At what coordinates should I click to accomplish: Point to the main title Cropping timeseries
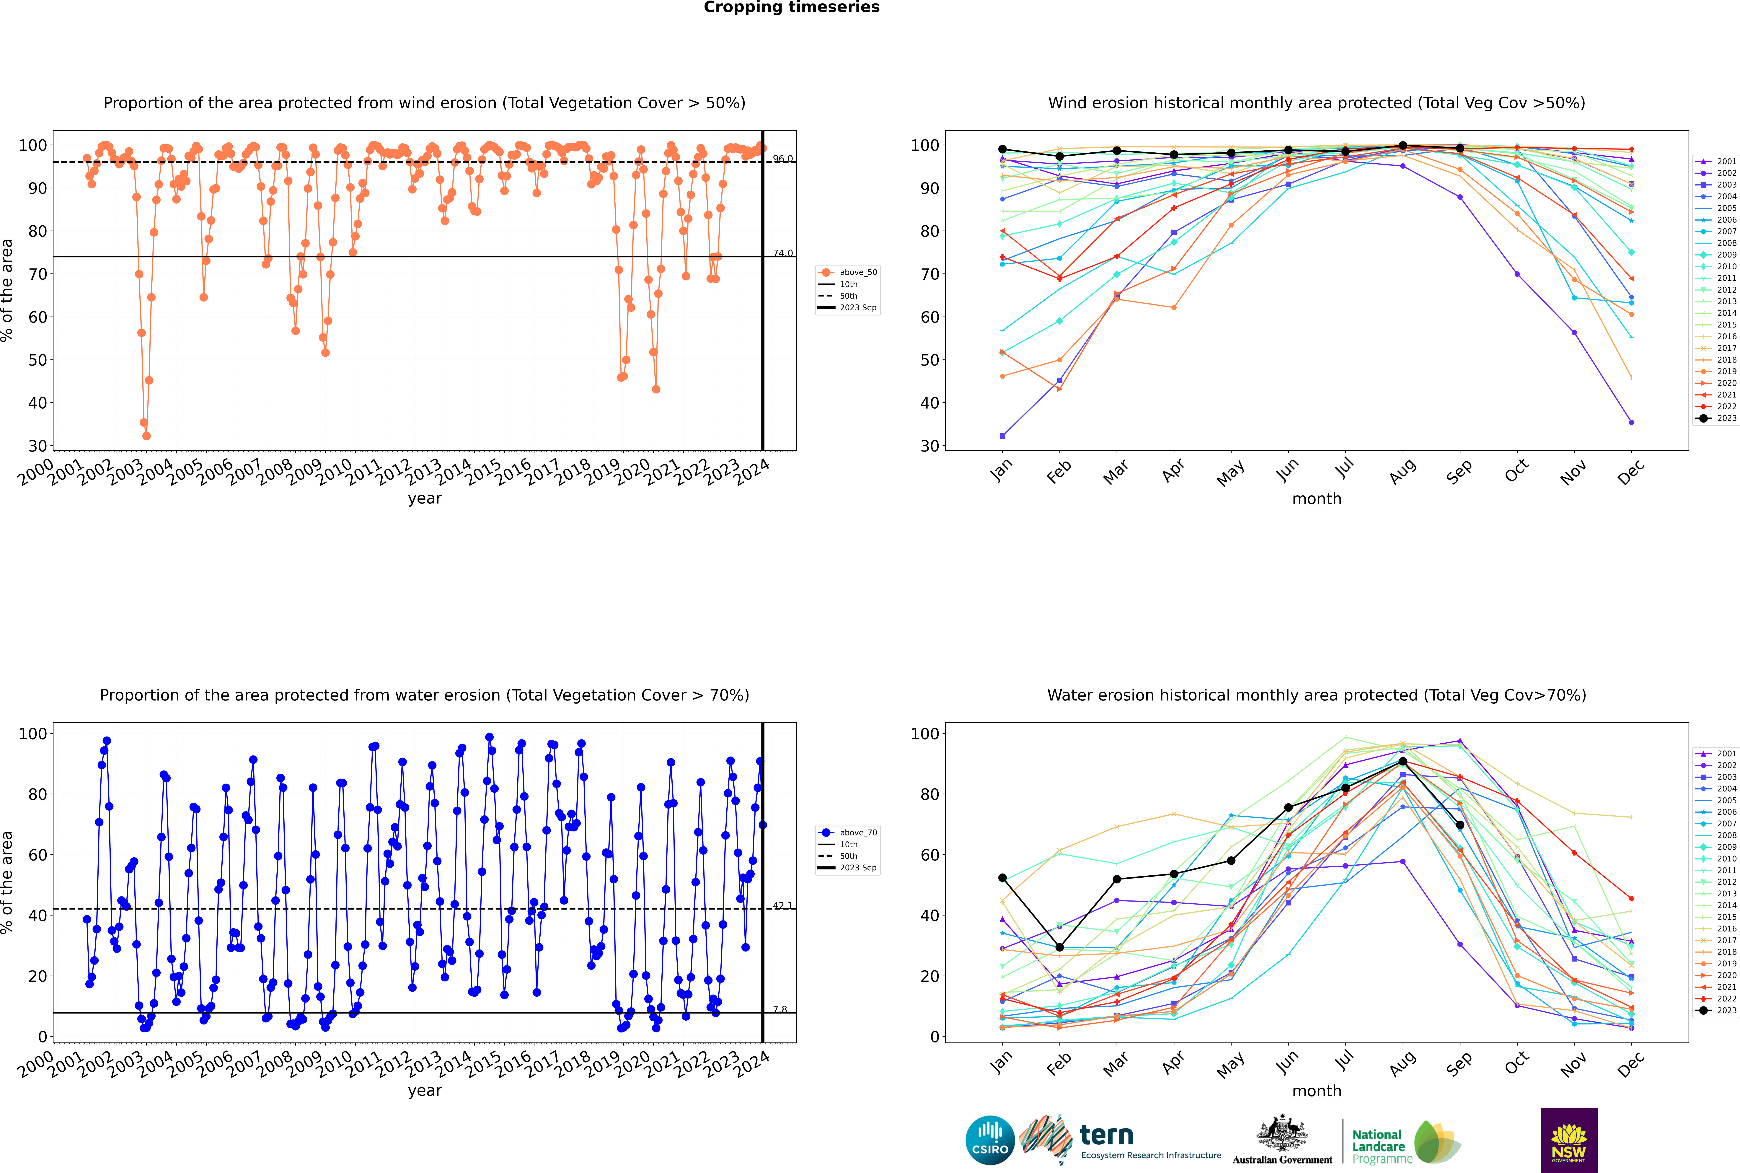(791, 7)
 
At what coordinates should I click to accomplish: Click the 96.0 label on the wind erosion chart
(782, 159)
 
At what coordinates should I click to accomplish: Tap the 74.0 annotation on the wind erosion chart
(782, 253)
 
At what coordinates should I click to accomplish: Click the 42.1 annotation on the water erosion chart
(782, 905)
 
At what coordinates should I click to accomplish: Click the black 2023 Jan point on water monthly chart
(1002, 877)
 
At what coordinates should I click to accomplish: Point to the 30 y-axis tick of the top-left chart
(37, 446)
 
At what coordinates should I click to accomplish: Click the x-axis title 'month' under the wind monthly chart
(1317, 499)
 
